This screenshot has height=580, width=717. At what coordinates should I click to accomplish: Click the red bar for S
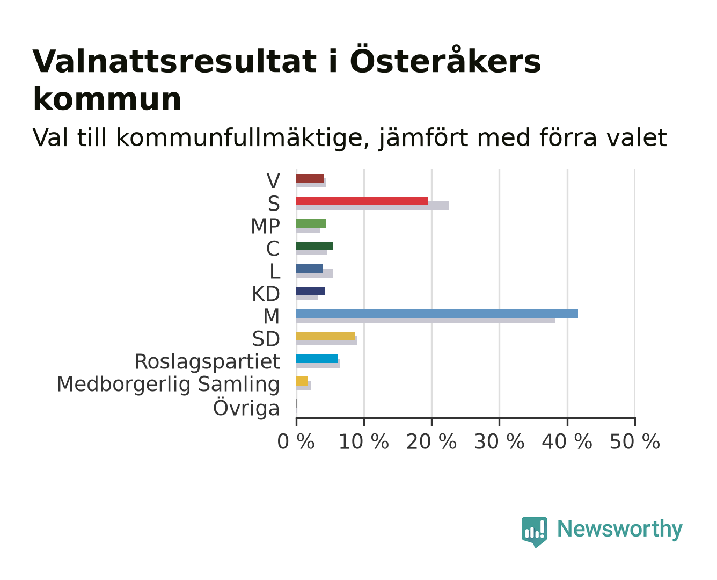[362, 201]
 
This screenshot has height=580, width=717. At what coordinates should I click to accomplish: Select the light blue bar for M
[437, 314]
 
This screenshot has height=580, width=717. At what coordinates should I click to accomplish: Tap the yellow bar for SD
[326, 336]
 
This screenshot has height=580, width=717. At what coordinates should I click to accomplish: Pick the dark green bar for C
[314, 246]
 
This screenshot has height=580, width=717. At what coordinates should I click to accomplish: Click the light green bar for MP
[311, 223]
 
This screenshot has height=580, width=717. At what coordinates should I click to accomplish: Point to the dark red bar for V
[310, 178]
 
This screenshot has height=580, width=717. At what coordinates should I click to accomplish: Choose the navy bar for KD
[310, 291]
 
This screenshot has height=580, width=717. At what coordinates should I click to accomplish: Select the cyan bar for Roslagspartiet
[317, 358]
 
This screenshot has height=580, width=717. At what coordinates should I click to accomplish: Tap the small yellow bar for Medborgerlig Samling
[302, 381]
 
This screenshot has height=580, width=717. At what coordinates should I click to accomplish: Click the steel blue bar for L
[309, 269]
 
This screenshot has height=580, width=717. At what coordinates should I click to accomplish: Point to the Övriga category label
[246, 408]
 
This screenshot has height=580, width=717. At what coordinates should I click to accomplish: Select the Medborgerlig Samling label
[169, 385]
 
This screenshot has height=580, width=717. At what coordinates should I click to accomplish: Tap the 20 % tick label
[431, 441]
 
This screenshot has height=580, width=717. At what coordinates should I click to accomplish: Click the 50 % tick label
[635, 441]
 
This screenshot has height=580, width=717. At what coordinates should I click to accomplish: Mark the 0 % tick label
[296, 441]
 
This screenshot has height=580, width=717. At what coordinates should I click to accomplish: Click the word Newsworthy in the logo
[620, 529]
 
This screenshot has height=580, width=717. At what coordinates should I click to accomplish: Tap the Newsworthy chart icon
[535, 532]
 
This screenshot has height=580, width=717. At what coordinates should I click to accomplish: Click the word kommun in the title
[107, 99]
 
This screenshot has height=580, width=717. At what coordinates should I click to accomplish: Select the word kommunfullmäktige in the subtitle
[243, 138]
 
